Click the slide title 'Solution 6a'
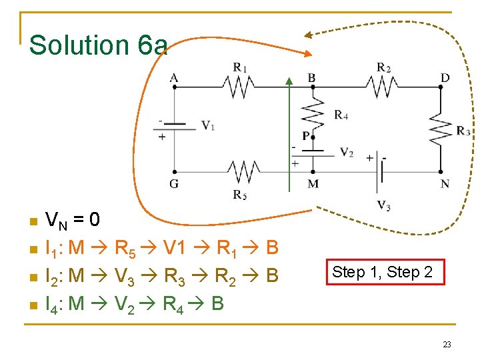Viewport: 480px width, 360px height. coord(99,45)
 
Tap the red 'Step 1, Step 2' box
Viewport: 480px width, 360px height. coord(382,272)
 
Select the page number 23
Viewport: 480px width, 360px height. coord(447,344)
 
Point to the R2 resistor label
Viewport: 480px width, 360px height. coord(383,67)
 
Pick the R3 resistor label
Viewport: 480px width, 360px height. coord(463,131)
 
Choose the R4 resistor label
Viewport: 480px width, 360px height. coord(341,115)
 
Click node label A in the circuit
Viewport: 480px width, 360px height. coord(174,78)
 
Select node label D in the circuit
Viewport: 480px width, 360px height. coord(445,78)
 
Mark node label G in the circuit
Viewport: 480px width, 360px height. coord(174,183)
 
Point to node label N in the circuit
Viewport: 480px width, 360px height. coord(445,183)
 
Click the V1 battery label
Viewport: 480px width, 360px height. coord(208,125)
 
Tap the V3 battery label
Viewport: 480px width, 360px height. coord(384,205)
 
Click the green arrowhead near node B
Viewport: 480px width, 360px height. coord(289,81)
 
